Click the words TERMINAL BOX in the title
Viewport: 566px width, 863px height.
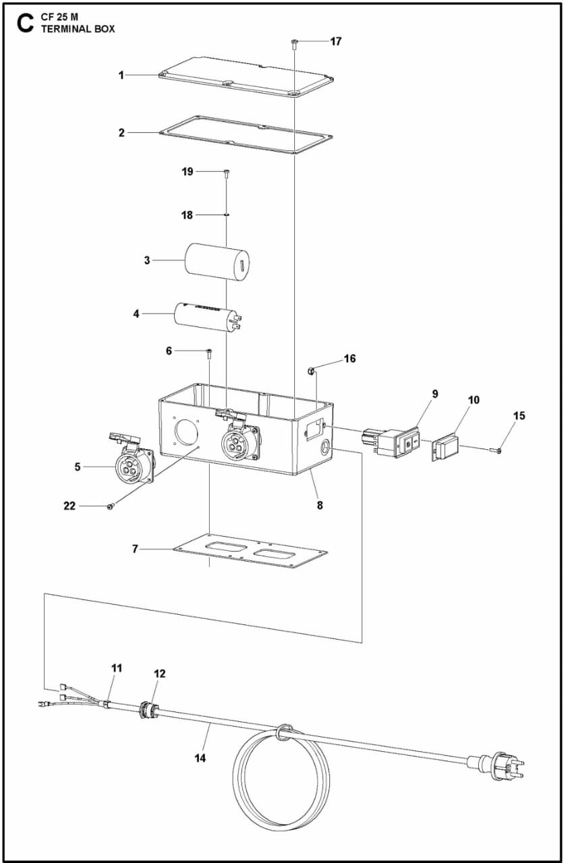click(78, 29)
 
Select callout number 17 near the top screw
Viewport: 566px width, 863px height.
click(335, 41)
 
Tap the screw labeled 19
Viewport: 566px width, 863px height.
click(227, 173)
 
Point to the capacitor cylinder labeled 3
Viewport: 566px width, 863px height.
click(217, 261)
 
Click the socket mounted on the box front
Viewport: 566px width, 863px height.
click(237, 441)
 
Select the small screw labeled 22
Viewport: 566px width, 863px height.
click(109, 506)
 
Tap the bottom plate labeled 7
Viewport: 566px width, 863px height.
click(250, 551)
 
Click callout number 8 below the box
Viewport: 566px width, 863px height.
click(320, 504)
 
